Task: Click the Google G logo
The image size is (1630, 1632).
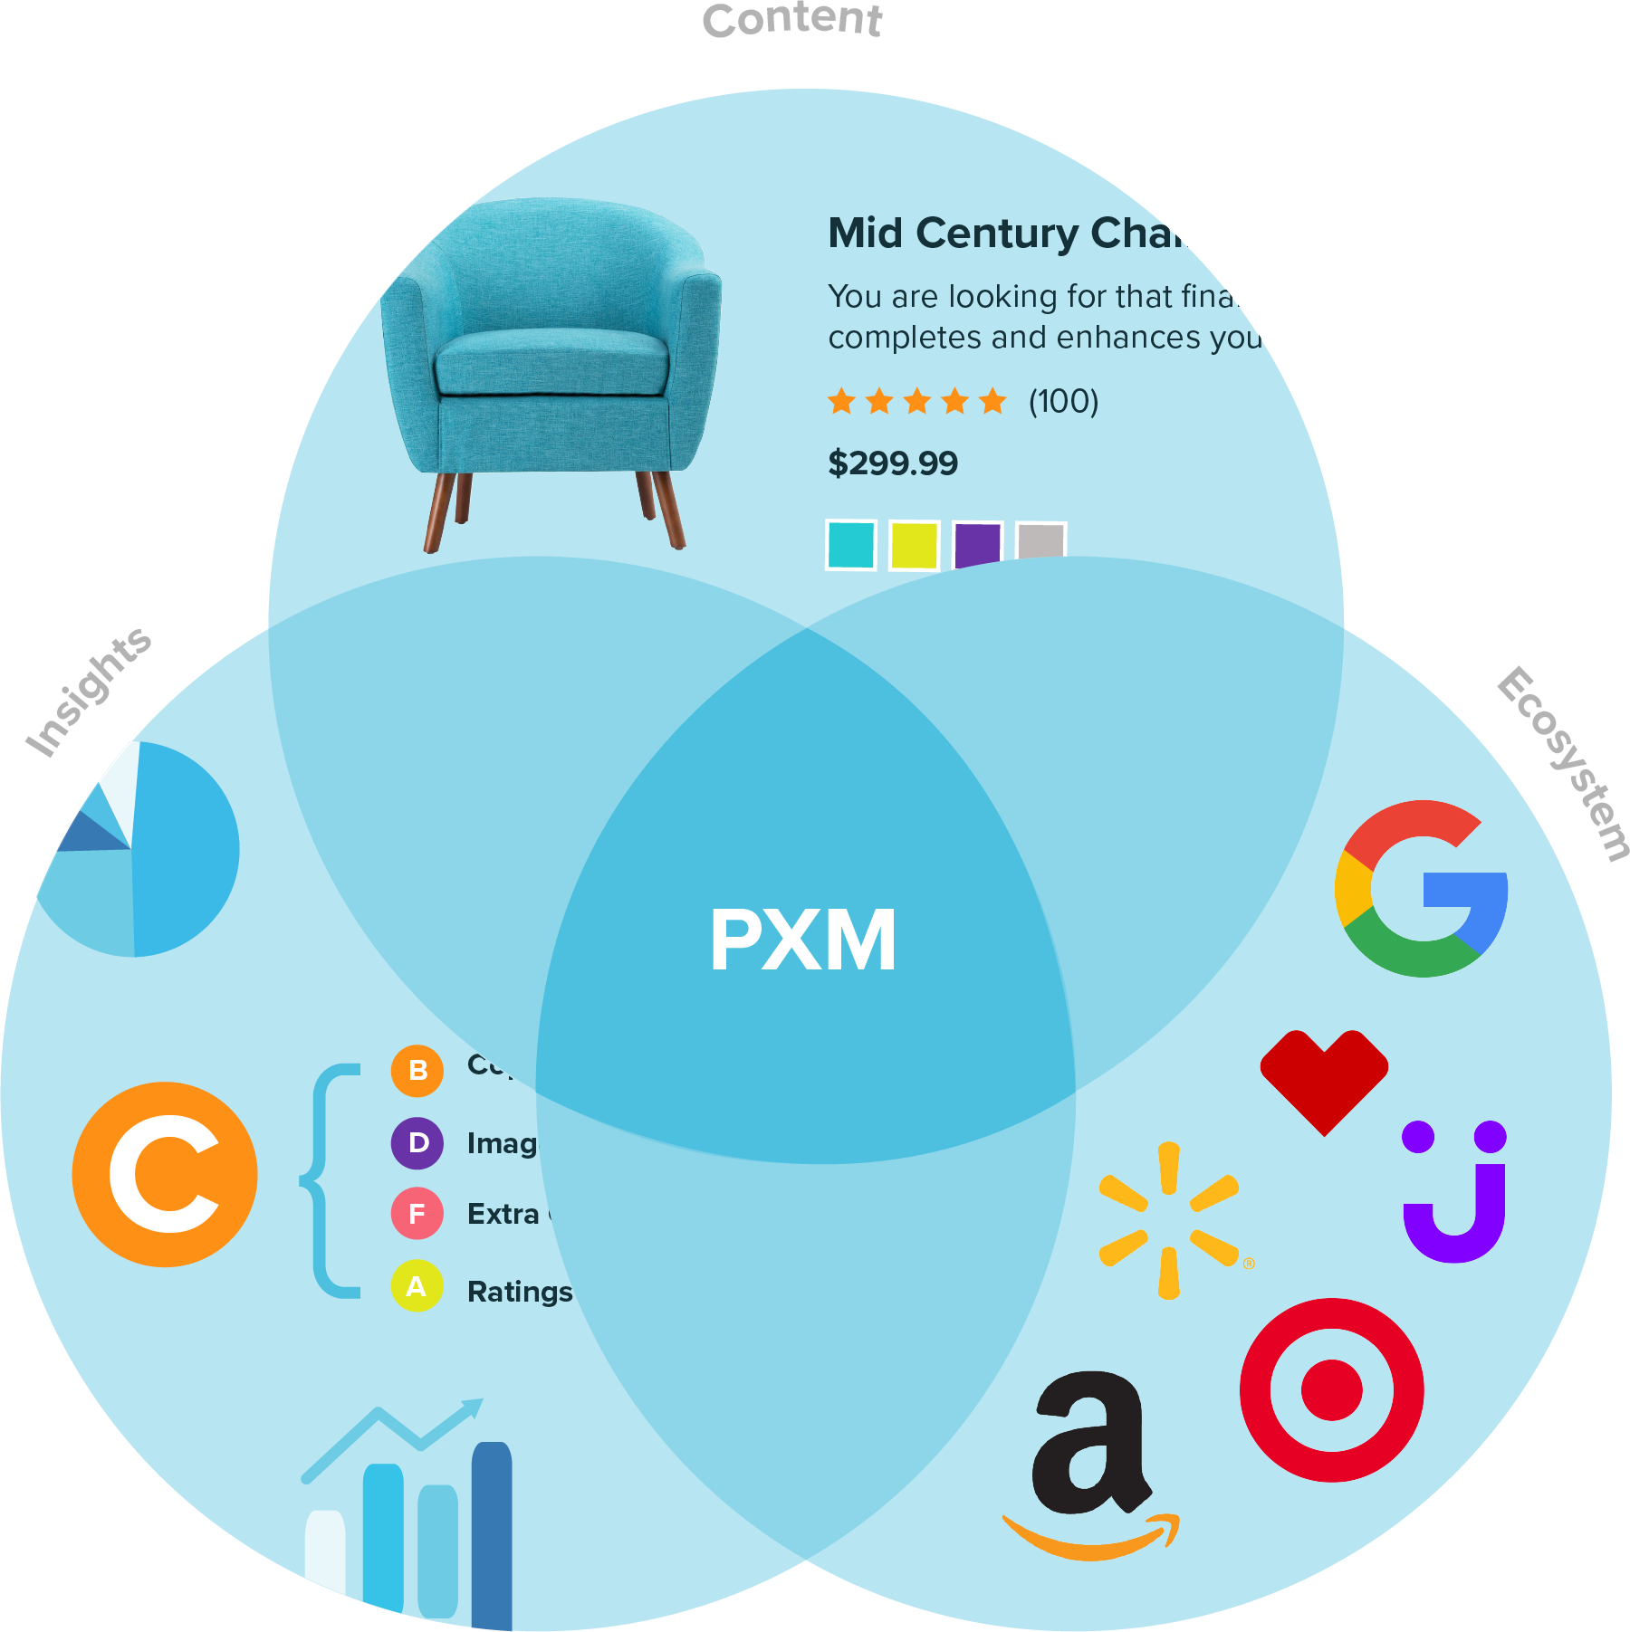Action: click(1420, 889)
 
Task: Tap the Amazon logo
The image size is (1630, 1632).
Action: click(1091, 1466)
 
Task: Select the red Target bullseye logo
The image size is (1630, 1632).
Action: click(1331, 1390)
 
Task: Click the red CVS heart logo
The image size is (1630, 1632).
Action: click(1324, 1077)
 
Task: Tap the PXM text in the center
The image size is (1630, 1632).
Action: click(802, 941)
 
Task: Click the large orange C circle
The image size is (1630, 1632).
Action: click(165, 1174)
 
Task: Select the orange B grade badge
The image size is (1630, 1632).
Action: click(417, 1071)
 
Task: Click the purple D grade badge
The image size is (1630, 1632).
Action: click(417, 1143)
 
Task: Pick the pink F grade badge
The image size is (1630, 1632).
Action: click(417, 1214)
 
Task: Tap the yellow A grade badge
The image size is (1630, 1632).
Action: click(417, 1286)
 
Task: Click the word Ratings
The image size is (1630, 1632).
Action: click(520, 1292)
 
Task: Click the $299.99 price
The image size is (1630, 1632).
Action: click(893, 463)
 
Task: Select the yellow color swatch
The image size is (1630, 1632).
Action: click(914, 545)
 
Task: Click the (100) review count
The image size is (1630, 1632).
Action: click(1063, 401)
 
